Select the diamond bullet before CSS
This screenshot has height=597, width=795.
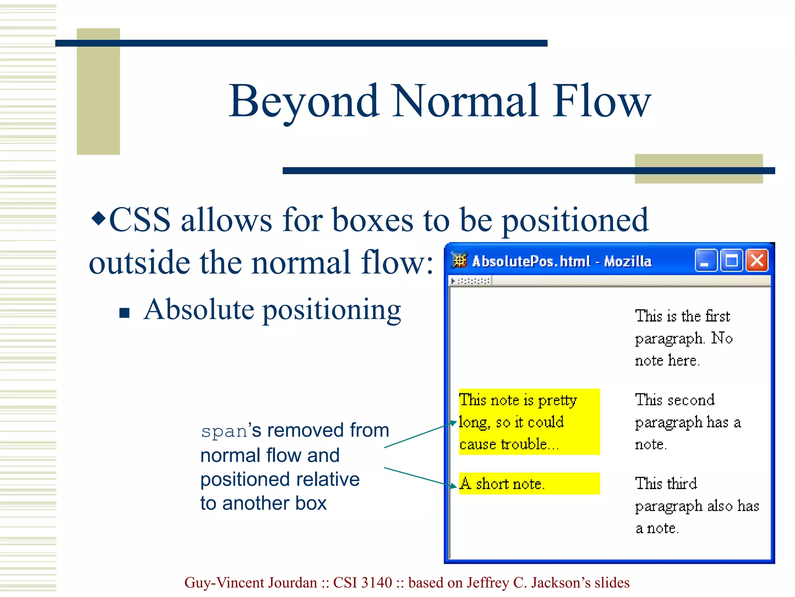coord(98,218)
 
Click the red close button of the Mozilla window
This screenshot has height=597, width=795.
coord(757,260)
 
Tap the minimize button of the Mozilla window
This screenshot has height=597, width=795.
coord(705,260)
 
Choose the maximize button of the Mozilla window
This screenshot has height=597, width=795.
coord(732,260)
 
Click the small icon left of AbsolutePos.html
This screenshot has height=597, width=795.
coord(460,260)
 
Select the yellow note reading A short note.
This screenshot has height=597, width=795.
coord(529,484)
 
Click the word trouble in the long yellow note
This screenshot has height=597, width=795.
coord(524,444)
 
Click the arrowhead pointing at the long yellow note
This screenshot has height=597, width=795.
coord(453,422)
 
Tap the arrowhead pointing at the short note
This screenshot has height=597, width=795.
coord(453,486)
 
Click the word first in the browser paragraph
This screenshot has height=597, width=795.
coord(718,316)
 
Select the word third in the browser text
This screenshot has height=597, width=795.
coord(682,484)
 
